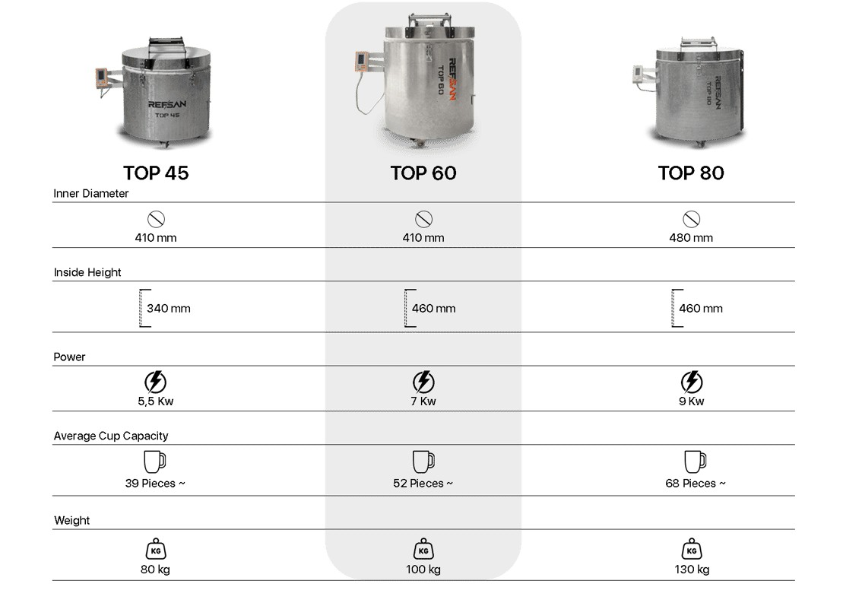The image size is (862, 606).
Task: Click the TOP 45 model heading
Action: coord(156,173)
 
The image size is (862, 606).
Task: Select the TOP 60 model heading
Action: coord(423,173)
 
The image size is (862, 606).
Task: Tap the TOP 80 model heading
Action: coord(691,173)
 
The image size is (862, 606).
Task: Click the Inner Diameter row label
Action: coord(90,194)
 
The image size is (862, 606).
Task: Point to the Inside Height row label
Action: coord(87,273)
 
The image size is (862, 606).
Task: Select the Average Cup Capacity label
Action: coord(111,436)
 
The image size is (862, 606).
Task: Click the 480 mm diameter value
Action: coord(691,238)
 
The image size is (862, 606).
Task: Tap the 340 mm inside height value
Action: coord(169,309)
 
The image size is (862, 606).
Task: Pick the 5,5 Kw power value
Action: coord(156,401)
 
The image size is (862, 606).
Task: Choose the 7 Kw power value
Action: coord(423,401)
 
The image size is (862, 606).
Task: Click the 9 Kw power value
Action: coord(692,401)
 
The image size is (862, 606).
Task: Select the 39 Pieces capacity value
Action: coord(155,484)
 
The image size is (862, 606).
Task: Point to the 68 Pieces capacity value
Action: coord(696,484)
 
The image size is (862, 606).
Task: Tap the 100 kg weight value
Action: coord(423,570)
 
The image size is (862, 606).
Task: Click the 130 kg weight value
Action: coord(692,570)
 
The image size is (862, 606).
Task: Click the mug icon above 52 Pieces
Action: coord(423,462)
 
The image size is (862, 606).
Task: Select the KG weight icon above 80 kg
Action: coord(156,549)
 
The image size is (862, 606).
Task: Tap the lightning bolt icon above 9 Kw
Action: coord(692,382)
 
